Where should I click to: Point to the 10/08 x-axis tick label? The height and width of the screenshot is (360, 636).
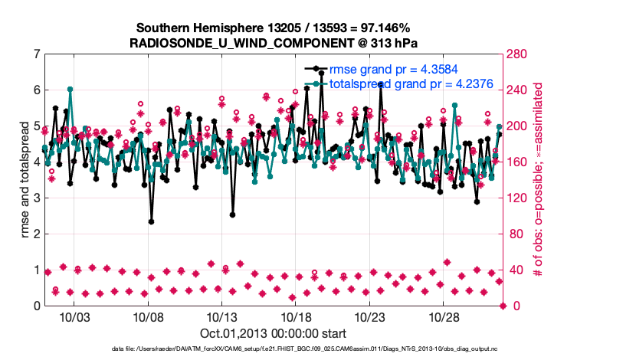point(148,317)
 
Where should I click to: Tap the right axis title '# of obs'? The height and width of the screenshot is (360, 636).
point(539,179)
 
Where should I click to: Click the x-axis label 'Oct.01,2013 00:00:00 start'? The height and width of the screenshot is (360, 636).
point(273,333)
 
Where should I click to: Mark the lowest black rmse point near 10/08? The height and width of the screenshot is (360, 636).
point(151,221)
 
